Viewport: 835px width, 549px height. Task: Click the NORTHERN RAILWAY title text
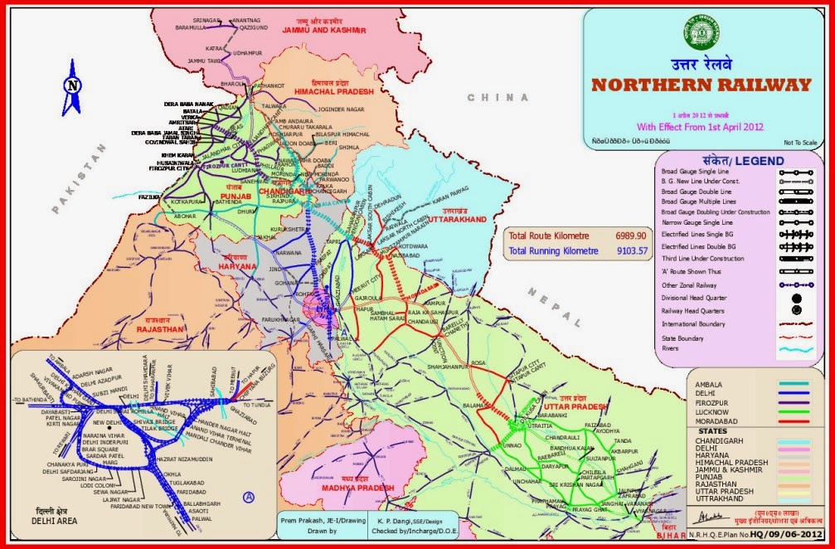point(701,85)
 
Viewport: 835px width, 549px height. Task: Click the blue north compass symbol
point(73,86)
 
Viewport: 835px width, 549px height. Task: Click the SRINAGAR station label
point(208,18)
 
